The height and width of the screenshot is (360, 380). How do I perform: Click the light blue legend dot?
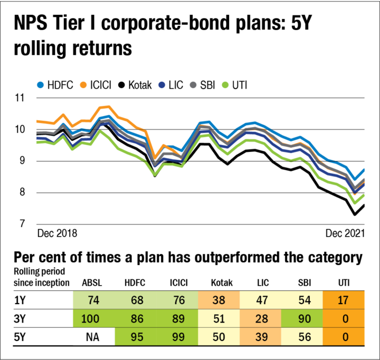[40, 85]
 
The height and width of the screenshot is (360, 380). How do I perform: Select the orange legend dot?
[83, 85]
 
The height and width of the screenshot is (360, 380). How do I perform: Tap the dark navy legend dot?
[162, 85]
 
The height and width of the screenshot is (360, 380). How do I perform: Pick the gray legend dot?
[193, 85]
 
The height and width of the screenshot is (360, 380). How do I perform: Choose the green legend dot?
[225, 85]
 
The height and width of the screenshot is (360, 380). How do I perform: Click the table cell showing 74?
[93, 300]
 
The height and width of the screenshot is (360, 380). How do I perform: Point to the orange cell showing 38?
[219, 300]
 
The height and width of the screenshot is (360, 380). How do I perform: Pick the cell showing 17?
[344, 300]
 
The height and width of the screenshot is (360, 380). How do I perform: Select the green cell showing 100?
[93, 319]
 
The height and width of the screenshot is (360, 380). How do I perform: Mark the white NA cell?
[93, 337]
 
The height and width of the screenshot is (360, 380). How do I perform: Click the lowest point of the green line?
[355, 202]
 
